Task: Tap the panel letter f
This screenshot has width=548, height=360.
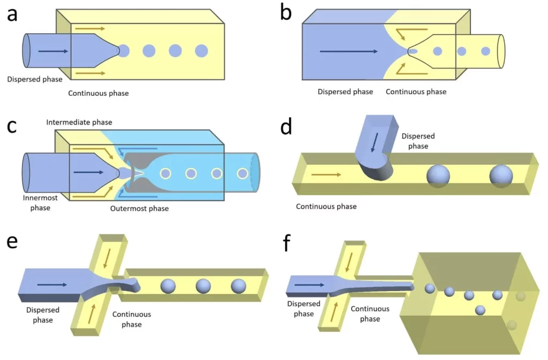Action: click(287, 244)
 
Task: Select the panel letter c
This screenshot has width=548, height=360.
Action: click(12, 127)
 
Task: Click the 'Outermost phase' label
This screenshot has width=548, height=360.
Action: click(139, 209)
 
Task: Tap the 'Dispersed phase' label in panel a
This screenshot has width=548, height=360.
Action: click(35, 80)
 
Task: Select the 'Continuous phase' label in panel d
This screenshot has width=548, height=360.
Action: click(326, 206)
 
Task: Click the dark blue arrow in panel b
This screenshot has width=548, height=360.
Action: click(348, 52)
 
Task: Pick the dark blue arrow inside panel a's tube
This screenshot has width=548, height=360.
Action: click(52, 51)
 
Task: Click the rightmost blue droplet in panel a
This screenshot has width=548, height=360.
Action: click(201, 51)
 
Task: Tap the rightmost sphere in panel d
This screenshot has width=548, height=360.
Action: click(501, 176)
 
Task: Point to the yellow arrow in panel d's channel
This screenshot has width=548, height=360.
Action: click(325, 174)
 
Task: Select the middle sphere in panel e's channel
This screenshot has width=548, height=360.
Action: click(203, 286)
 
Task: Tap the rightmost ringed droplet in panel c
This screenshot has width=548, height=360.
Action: click(242, 173)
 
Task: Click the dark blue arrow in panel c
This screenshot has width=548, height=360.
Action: click(88, 172)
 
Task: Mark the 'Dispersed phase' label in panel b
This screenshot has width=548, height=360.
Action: click(345, 91)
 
